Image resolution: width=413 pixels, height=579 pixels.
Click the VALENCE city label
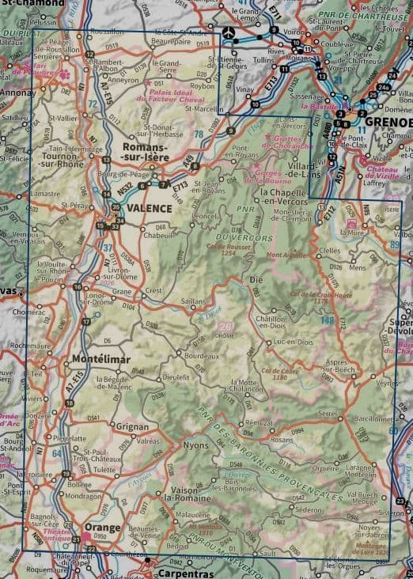click(x=149, y=208)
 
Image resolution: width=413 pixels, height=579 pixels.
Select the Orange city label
click(x=103, y=528)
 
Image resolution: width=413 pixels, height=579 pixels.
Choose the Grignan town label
click(x=133, y=426)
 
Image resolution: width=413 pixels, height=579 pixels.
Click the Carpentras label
click(x=185, y=572)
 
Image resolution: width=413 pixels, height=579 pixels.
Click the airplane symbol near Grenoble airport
click(x=229, y=33)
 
